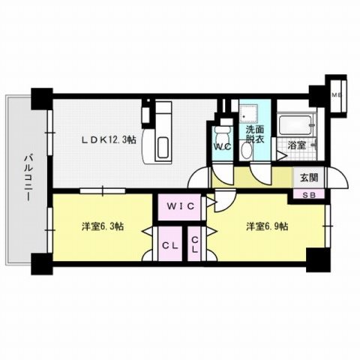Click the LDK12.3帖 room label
[x=109, y=139]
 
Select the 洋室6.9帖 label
[x=265, y=225]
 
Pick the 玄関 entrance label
[x=309, y=178]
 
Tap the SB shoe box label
[x=309, y=196]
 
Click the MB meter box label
[x=337, y=95]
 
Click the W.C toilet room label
[x=222, y=146]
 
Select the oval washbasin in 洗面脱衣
[x=247, y=149]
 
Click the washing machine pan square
[x=249, y=116]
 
